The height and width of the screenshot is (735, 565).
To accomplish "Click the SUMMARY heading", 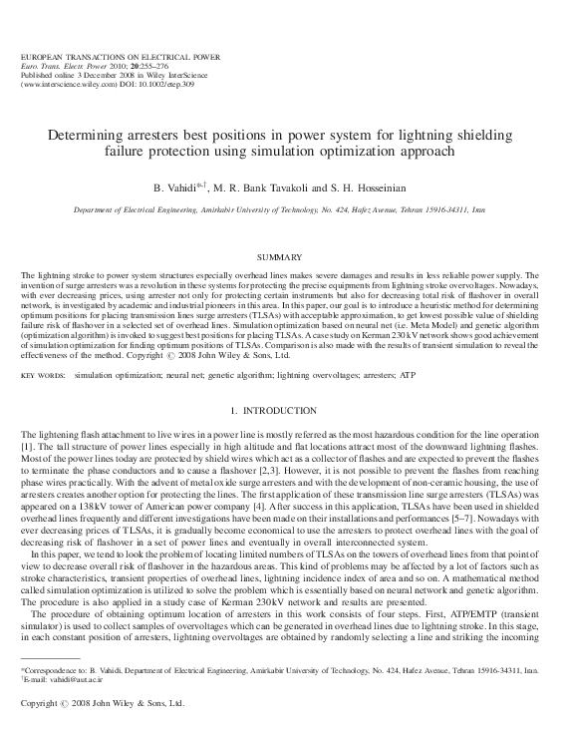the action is [x=282, y=257].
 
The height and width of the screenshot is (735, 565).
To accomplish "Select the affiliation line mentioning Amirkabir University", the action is [x=282, y=211].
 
